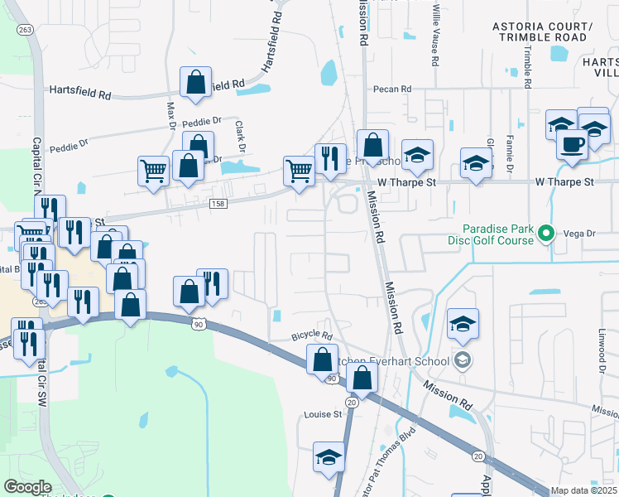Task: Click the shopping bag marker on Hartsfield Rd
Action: (x=195, y=82)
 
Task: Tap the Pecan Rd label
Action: (x=391, y=89)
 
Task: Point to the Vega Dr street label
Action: (x=579, y=234)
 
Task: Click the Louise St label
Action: (x=323, y=414)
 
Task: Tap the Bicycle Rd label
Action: (x=312, y=337)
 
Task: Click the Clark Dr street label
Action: (x=240, y=137)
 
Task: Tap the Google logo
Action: (x=27, y=487)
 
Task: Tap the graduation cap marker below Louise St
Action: (x=329, y=456)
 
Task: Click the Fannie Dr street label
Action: (x=510, y=152)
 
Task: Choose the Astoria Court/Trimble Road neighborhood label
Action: (x=543, y=32)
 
